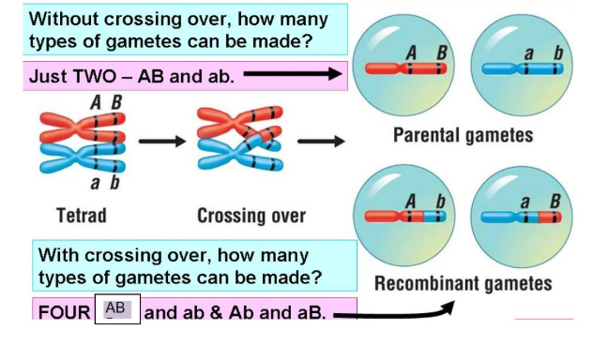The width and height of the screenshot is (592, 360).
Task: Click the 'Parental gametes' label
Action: tap(463, 135)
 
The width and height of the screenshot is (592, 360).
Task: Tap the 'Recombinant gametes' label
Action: tap(463, 283)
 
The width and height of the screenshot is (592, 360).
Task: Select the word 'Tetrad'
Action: tap(82, 216)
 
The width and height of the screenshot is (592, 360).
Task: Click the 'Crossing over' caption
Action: tap(251, 216)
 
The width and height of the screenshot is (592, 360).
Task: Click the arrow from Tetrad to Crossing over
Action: tap(162, 143)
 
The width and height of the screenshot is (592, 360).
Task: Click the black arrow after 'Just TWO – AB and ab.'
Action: tap(292, 75)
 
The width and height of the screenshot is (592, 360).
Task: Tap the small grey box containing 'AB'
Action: tap(117, 309)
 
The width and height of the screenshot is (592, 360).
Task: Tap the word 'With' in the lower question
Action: tap(59, 255)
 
